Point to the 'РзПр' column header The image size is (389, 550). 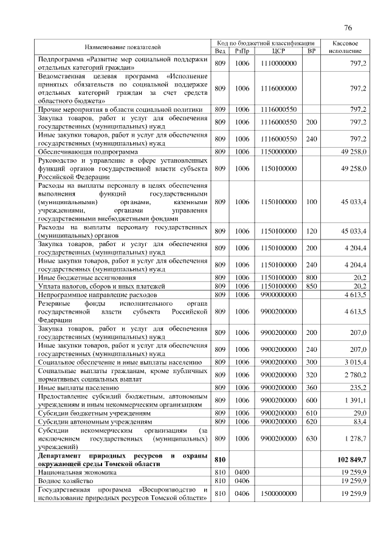coord(243,51)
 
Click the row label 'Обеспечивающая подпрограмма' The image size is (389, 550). coord(88,151)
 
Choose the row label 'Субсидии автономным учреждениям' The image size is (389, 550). coord(95,421)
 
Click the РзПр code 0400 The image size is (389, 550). coord(243,471)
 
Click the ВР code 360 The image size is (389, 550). coord(311,387)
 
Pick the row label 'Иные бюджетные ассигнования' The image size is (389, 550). coord(84,277)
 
